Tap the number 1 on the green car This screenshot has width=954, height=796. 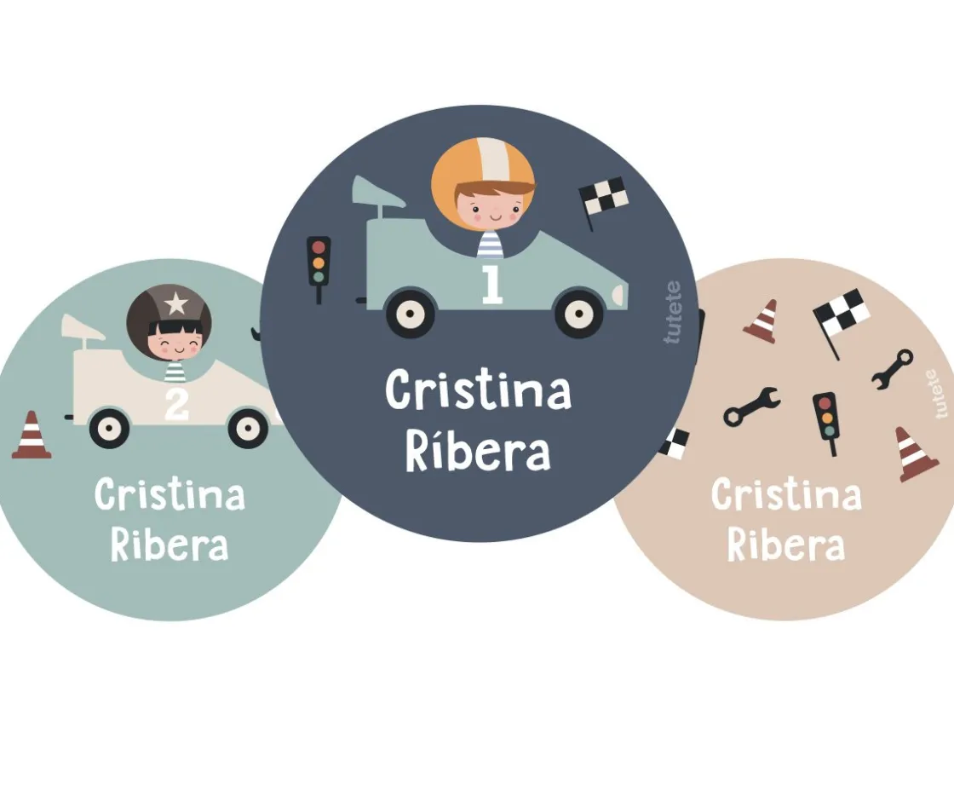(491, 285)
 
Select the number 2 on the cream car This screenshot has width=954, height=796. (176, 404)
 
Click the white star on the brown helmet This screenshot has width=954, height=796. (175, 303)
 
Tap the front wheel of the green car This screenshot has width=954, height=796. (578, 314)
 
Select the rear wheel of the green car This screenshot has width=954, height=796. (410, 314)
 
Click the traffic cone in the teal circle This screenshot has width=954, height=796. (31, 435)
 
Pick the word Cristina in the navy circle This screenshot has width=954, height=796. (478, 390)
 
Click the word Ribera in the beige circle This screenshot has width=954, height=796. (786, 545)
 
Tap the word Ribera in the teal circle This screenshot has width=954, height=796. (170, 544)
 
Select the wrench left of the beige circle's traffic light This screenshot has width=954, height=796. (751, 406)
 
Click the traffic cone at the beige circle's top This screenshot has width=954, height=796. (761, 321)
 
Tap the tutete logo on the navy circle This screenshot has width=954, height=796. (673, 312)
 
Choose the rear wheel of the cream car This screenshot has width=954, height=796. (110, 428)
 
